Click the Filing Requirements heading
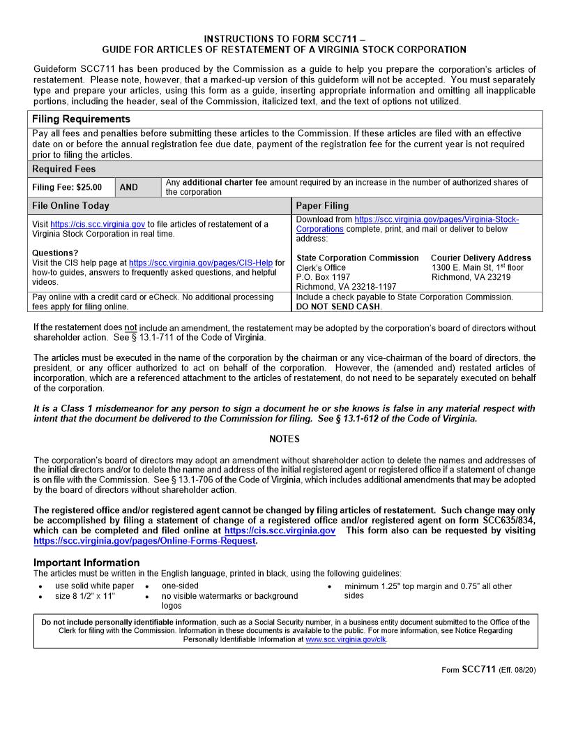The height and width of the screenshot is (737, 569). click(81, 119)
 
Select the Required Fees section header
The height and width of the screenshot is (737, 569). click(64, 169)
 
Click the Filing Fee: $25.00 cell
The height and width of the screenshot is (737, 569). click(67, 188)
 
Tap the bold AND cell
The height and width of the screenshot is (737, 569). click(129, 188)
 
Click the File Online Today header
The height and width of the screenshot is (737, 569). click(70, 206)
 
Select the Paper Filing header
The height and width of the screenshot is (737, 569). click(322, 206)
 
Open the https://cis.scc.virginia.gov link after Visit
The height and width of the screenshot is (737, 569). click(98, 225)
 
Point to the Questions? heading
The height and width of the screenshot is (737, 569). click(56, 253)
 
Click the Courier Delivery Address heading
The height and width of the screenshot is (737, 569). click(480, 258)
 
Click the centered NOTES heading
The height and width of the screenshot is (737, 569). click(284, 439)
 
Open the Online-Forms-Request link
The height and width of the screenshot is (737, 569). click(144, 541)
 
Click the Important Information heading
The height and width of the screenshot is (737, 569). click(86, 563)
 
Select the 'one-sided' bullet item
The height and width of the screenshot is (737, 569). click(180, 586)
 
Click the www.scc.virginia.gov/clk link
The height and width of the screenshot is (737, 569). click(346, 639)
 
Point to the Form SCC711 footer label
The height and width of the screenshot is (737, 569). click(469, 669)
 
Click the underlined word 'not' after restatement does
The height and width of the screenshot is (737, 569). click(130, 327)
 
